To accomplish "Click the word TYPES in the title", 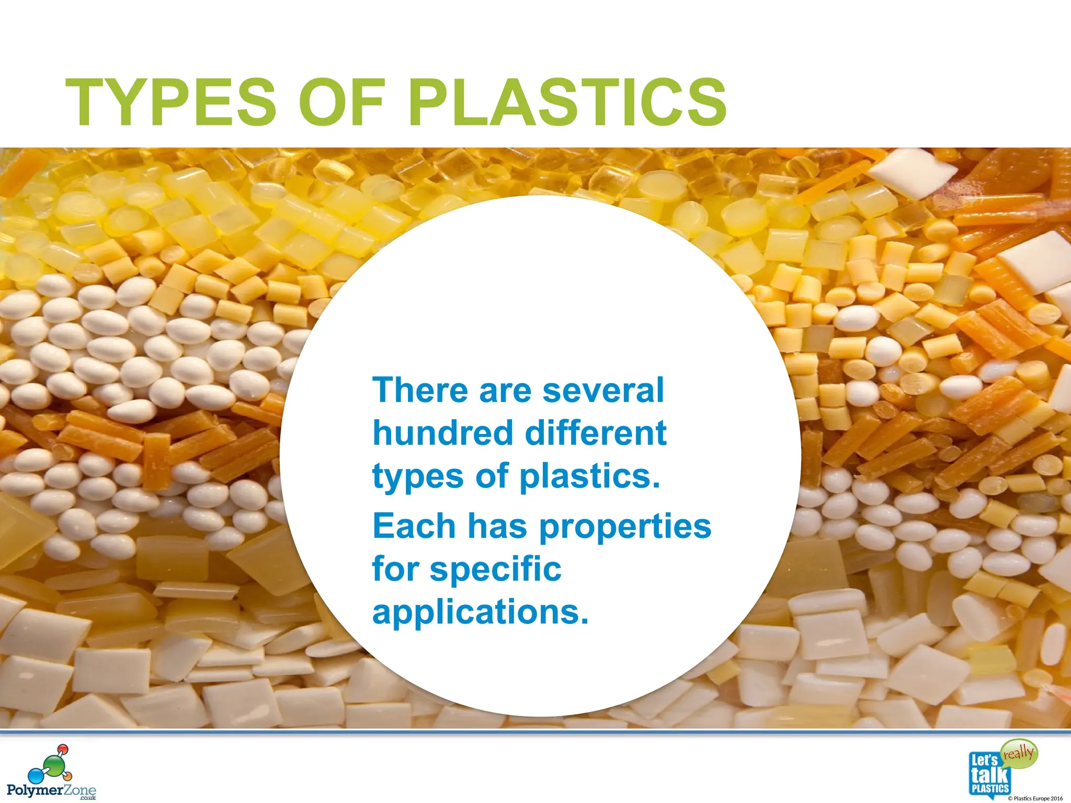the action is coord(170,102).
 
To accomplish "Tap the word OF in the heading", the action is coord(341,102).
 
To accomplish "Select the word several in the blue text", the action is coord(603,391).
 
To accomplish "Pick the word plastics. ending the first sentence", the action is coord(590,477).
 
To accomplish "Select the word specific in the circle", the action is coord(495,569).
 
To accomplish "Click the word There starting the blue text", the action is coord(420,391).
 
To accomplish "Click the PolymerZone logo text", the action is coord(51,790).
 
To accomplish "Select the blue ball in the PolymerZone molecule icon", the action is coord(35,775).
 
